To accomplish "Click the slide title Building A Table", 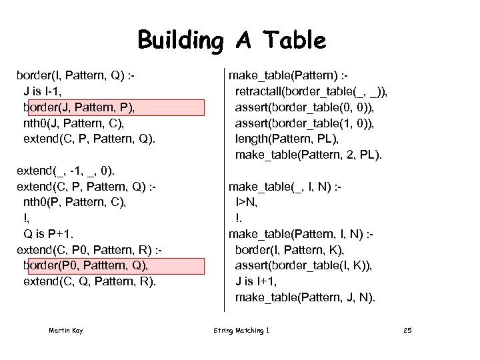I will tap(232, 41).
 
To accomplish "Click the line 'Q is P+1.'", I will tap(49, 233).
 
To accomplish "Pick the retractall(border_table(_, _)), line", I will tap(311, 91).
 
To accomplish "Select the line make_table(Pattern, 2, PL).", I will tap(309, 155).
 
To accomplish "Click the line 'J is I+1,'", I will tap(258, 281).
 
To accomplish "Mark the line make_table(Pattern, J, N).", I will tap(305, 297).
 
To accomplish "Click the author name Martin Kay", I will tap(65, 331).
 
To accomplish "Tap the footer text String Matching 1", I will tap(241, 331).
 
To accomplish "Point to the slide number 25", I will tap(408, 331).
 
